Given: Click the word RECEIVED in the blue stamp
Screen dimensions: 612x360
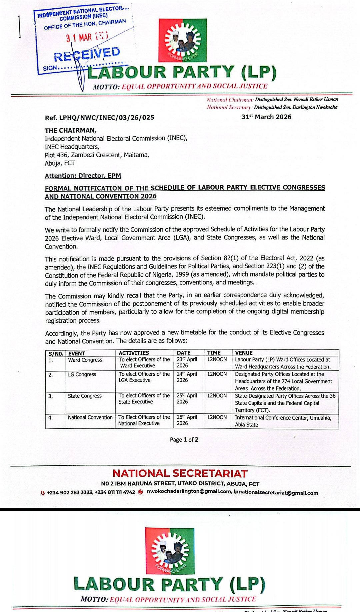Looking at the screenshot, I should (87, 54).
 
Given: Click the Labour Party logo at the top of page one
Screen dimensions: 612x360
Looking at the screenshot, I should (182, 40).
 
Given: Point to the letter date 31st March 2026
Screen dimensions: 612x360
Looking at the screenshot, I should (266, 117).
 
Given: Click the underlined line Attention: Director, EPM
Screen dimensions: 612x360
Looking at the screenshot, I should (83, 176).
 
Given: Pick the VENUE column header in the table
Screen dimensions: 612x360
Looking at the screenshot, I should (244, 353).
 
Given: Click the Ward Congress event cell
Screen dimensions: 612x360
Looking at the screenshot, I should (85, 360).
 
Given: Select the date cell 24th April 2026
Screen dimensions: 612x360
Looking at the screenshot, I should (187, 377).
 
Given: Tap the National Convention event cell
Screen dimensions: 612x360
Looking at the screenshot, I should (90, 417).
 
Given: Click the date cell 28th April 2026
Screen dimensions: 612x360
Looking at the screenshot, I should (187, 420).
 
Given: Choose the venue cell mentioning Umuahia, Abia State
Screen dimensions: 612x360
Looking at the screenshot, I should (283, 421).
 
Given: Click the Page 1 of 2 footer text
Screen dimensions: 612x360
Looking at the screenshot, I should (184, 440).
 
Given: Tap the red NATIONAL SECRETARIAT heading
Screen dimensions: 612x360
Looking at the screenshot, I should (180, 473).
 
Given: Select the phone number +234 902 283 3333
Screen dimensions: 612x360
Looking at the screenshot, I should (70, 492).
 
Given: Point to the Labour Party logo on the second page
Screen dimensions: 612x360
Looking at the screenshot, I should (170, 551).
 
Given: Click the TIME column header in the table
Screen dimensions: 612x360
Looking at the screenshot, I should (214, 353).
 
